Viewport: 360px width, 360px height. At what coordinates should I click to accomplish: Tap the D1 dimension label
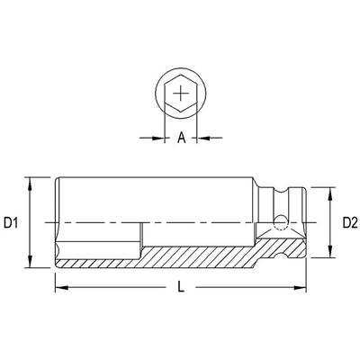(x=13, y=221)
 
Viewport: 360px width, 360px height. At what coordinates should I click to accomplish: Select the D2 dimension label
(x=350, y=221)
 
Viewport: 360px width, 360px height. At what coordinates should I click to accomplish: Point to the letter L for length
(x=181, y=288)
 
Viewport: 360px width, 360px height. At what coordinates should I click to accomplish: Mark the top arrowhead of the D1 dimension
(x=32, y=178)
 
